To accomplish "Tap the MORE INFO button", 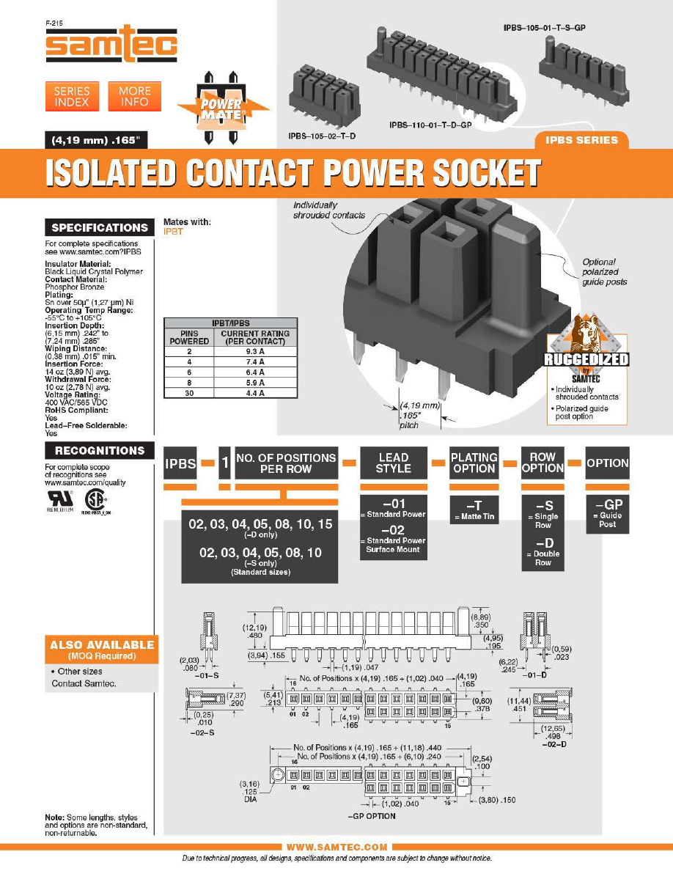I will (135, 96).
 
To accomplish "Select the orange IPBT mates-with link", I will (173, 230).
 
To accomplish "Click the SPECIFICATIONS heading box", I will (100, 228).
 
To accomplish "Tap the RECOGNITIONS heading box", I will (100, 450).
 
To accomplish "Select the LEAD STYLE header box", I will (393, 463).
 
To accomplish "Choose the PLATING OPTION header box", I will (474, 463).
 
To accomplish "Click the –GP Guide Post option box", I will (608, 514).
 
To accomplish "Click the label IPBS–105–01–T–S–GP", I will (548, 27).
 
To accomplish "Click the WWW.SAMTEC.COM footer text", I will (336, 847).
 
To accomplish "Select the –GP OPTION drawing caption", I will (371, 816).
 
